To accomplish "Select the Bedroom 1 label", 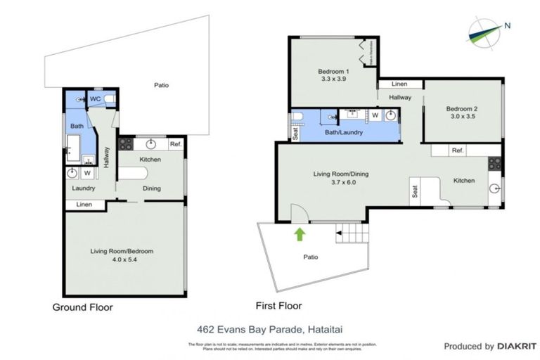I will point(333,72).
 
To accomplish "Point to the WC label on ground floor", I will point(95,99).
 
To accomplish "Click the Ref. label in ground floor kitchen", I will point(176,144).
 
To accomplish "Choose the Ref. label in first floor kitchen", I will point(458,150).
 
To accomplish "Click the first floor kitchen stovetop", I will point(494,164).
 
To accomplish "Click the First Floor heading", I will point(279,306).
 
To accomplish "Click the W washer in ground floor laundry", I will point(88,173).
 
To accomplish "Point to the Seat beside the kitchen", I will point(416,191).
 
